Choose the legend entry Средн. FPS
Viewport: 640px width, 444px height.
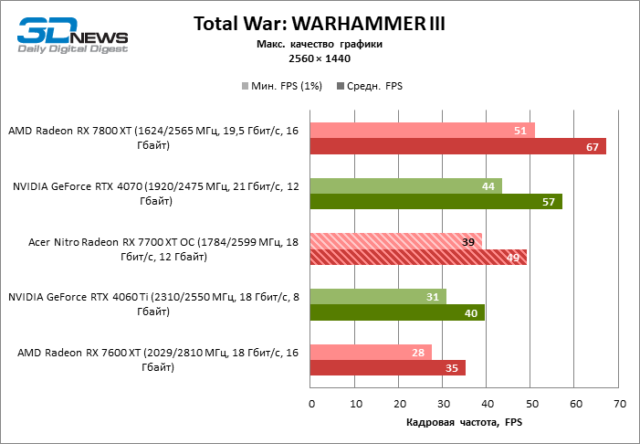(x=370, y=86)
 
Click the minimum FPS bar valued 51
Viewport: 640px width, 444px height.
(x=423, y=131)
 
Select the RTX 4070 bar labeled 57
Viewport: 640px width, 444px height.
(x=436, y=202)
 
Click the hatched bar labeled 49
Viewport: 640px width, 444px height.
(x=418, y=257)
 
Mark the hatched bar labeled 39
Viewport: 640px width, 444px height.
(x=396, y=241)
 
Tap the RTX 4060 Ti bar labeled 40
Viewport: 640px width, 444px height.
(x=398, y=312)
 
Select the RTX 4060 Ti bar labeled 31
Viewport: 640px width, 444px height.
(x=379, y=296)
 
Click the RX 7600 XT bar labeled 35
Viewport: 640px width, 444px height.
(x=388, y=367)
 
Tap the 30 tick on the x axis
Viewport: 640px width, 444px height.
(x=443, y=402)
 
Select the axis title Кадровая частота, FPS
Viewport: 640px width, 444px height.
(x=463, y=422)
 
